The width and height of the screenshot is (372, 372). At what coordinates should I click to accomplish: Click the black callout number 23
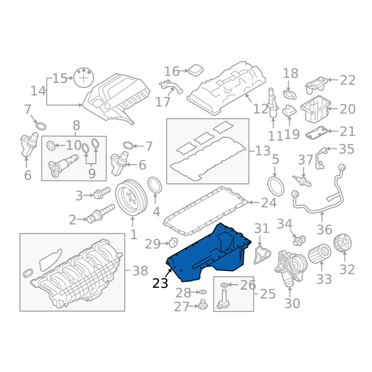[x=160, y=283]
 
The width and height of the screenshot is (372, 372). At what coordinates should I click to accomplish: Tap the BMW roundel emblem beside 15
[x=84, y=78]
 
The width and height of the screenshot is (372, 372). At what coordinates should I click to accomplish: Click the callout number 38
[x=140, y=271]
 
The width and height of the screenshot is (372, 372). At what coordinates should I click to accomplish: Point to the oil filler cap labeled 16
[x=196, y=70]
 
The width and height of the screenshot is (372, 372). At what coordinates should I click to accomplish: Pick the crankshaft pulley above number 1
[x=131, y=198]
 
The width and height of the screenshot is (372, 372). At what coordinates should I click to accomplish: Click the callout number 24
[x=269, y=203]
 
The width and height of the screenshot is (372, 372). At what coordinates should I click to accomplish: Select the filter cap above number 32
[x=342, y=242]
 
